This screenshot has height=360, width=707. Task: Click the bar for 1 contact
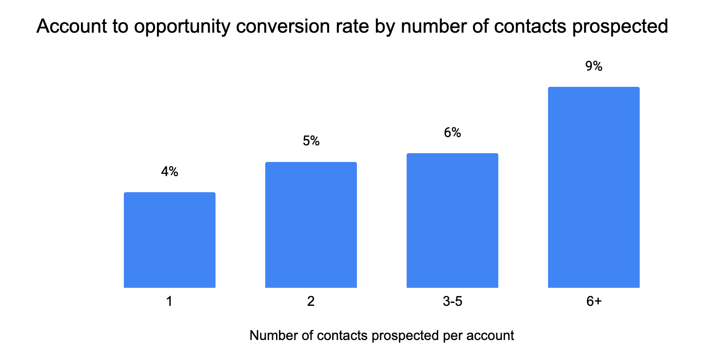[170, 240]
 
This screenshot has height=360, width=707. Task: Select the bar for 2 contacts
[311, 225]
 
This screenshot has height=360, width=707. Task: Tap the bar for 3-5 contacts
[452, 220]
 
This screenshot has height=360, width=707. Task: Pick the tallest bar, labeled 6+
[594, 187]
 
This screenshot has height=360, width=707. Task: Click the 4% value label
[170, 172]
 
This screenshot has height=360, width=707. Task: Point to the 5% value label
[311, 141]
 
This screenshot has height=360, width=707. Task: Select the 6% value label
[452, 133]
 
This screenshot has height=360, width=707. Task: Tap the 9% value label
[594, 66]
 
